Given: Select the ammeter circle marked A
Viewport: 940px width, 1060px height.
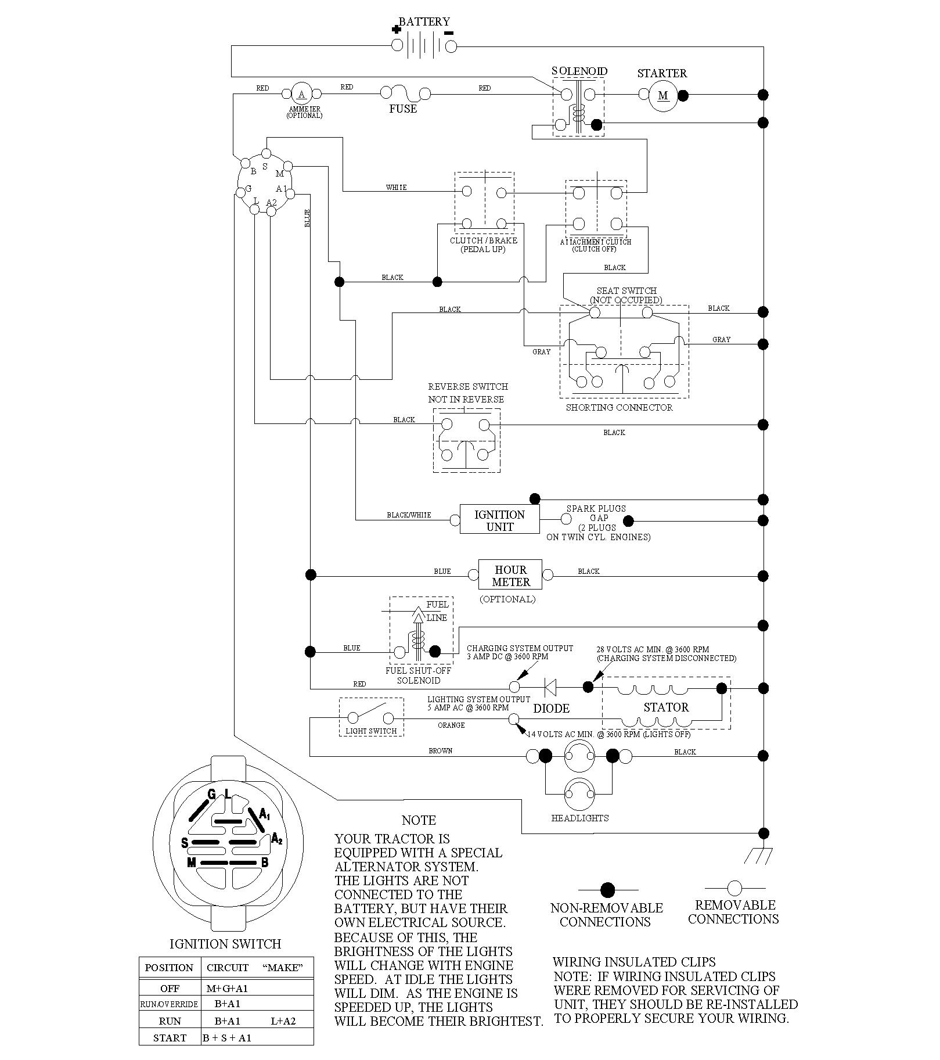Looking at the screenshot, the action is [x=301, y=94].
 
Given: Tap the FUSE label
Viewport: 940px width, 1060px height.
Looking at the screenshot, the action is [x=403, y=109].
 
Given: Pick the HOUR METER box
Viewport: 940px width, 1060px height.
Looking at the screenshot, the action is [x=510, y=576].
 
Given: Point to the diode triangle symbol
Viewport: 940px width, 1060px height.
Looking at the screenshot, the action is [x=550, y=687].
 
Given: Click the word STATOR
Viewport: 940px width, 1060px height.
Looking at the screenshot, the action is [x=666, y=707].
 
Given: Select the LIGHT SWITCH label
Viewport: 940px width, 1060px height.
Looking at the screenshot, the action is [x=371, y=731].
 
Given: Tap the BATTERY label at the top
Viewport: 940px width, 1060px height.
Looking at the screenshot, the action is [x=424, y=21].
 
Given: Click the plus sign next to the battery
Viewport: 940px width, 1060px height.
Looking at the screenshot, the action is [x=397, y=30].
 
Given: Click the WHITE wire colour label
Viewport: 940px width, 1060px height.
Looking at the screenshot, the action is [x=396, y=188].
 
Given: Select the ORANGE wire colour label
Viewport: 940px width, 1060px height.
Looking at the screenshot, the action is [x=451, y=725].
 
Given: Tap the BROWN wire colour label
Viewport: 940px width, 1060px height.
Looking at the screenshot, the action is [x=440, y=750].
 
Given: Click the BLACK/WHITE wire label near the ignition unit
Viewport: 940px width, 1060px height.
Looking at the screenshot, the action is [x=409, y=515].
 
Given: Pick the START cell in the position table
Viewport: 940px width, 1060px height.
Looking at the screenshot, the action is [x=170, y=1038].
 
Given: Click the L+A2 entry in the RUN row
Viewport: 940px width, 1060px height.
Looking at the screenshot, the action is [x=283, y=1021].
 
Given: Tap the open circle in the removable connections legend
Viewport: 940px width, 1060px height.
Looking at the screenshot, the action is [x=735, y=888].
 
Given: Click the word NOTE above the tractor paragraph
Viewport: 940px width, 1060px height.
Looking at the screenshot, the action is [x=419, y=820].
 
